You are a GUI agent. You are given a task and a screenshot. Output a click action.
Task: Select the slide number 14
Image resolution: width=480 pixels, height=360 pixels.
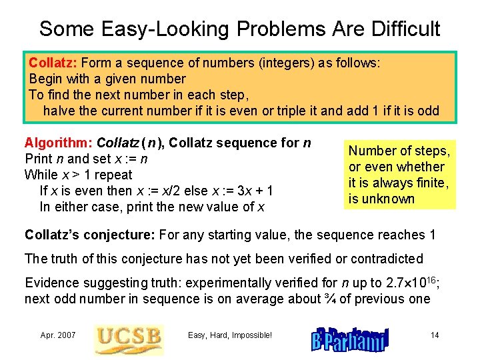click(435, 335)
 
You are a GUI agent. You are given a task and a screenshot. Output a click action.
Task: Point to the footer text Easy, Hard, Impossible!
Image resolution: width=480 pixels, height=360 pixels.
click(230, 335)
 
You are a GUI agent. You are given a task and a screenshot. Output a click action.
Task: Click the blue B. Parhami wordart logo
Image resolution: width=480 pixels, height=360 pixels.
click(347, 337)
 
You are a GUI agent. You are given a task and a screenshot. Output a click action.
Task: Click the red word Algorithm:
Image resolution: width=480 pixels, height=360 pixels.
click(59, 143)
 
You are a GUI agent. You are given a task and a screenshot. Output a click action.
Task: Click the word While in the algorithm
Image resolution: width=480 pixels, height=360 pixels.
click(41, 175)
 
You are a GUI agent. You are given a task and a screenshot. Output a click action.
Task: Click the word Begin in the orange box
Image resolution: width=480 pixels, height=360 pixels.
click(46, 79)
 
